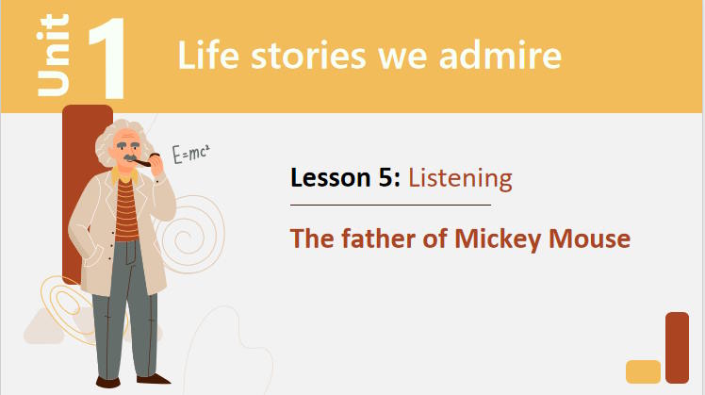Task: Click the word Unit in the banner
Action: pyautogui.click(x=54, y=55)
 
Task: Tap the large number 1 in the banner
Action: pyautogui.click(x=107, y=58)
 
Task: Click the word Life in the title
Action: pyautogui.click(x=208, y=56)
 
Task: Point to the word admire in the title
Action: pyautogui.click(x=500, y=56)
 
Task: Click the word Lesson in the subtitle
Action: pyautogui.click(x=331, y=178)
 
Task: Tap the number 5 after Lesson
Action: pyautogui.click(x=386, y=178)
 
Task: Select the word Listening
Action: pyautogui.click(x=460, y=179)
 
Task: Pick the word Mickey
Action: pyautogui.click(x=498, y=239)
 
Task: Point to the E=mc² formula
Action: pyautogui.click(x=190, y=154)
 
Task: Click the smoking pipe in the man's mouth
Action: pyautogui.click(x=145, y=160)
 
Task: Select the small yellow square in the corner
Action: pyautogui.click(x=643, y=371)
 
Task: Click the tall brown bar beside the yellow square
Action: pyautogui.click(x=677, y=347)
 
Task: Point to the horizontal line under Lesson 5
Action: pyautogui.click(x=390, y=205)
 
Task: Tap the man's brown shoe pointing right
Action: pyautogui.click(x=154, y=379)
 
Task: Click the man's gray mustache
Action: pyautogui.click(x=131, y=157)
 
